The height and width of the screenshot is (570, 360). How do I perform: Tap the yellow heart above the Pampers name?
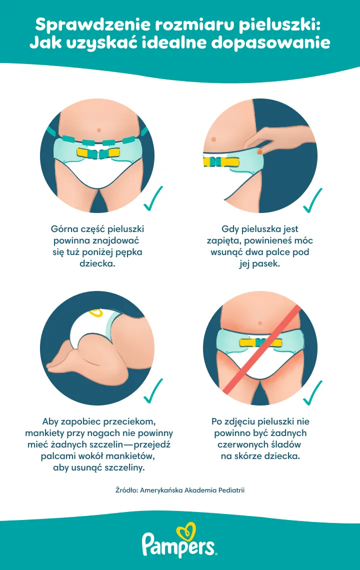pyautogui.click(x=186, y=532)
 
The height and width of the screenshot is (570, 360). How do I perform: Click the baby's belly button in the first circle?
pyautogui.click(x=98, y=130)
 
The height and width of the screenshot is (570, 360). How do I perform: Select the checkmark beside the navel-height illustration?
pyautogui.click(x=153, y=198)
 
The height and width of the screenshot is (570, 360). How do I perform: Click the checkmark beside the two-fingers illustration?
pyautogui.click(x=312, y=200)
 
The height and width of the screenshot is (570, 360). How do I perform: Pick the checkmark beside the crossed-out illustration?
pyautogui.click(x=312, y=392)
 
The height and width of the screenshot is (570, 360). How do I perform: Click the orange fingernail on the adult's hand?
pyautogui.click(x=260, y=150)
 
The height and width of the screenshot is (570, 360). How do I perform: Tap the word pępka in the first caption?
pyautogui.click(x=130, y=252)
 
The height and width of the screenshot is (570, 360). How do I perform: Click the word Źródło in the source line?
pyautogui.click(x=126, y=490)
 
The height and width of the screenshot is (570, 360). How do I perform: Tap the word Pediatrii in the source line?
pyautogui.click(x=231, y=490)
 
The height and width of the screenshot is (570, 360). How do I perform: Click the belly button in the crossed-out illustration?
pyautogui.click(x=260, y=323)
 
